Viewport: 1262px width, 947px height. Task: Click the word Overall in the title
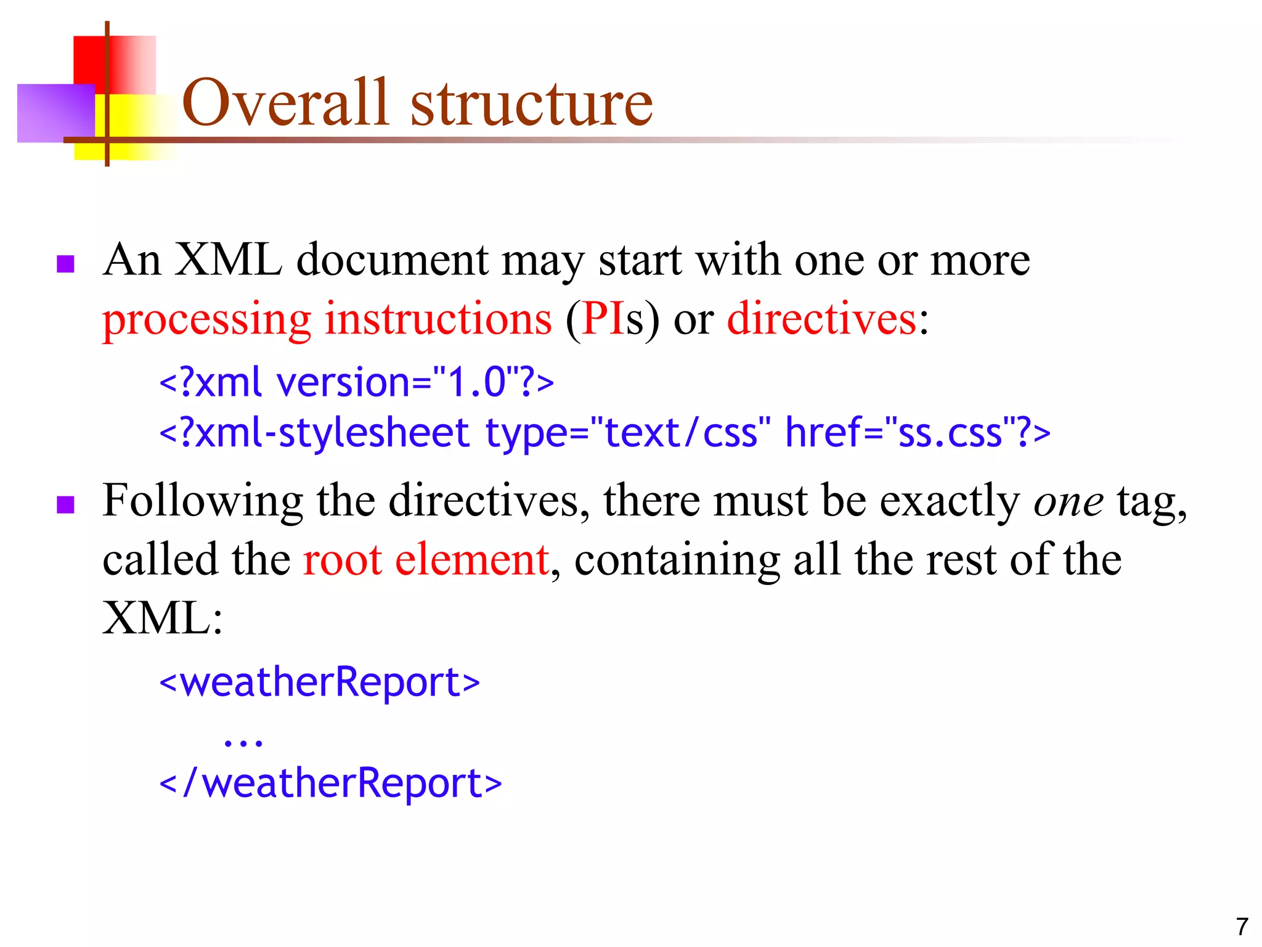[286, 102]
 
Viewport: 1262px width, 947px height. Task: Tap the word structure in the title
[531, 104]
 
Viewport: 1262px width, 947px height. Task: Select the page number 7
[1242, 927]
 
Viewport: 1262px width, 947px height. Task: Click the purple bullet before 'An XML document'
[65, 264]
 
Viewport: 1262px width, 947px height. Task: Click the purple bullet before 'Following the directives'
[65, 504]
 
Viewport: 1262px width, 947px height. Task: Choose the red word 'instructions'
[438, 319]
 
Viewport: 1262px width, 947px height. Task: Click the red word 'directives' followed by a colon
[821, 319]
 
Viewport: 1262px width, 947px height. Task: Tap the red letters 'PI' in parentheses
[603, 319]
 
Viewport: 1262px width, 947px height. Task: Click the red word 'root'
[342, 560]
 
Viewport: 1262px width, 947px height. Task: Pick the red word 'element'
[472, 560]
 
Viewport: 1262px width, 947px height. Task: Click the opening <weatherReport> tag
[319, 683]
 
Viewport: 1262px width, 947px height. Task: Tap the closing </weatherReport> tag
[330, 783]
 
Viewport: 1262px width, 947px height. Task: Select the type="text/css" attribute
[627, 433]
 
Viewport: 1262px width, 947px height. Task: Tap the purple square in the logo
[55, 113]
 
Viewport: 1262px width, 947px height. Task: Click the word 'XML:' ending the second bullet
[162, 618]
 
